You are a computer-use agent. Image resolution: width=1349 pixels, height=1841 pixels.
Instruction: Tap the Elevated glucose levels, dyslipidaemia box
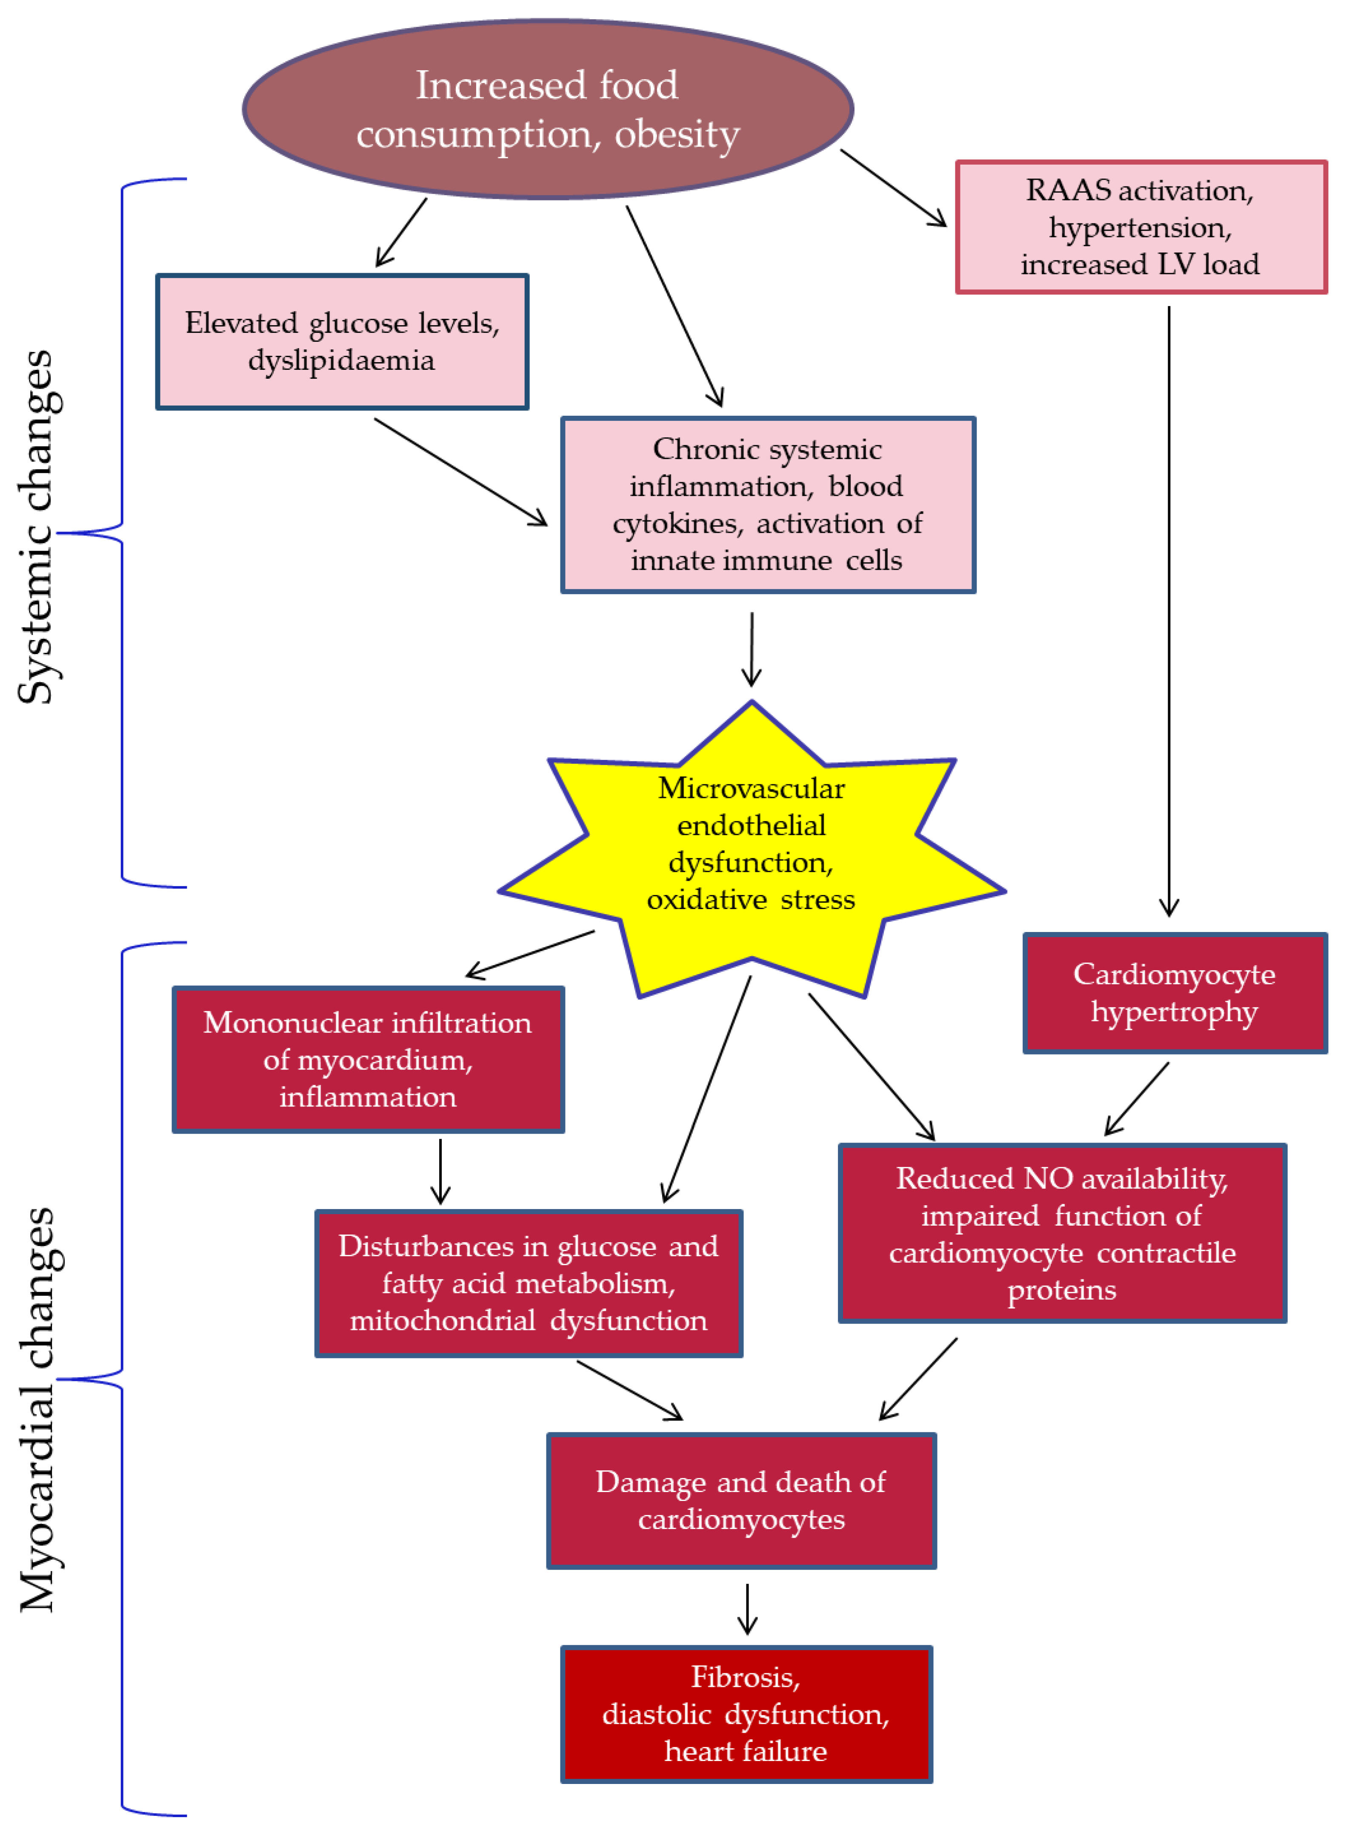pyautogui.click(x=342, y=341)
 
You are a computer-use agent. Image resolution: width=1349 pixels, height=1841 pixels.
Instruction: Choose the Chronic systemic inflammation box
pyautogui.click(x=768, y=505)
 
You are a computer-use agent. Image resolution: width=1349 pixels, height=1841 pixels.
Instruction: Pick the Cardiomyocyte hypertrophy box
pyautogui.click(x=1174, y=993)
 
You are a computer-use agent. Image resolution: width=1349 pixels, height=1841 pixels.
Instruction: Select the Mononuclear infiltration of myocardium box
pyautogui.click(x=367, y=1059)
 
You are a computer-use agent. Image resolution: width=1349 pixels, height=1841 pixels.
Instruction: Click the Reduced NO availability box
pyautogui.click(x=1062, y=1233)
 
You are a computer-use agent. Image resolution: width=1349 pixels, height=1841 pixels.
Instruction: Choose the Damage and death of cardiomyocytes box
pyautogui.click(x=740, y=1501)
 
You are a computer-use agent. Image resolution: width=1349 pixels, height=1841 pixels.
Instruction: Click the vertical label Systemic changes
pyautogui.click(x=37, y=526)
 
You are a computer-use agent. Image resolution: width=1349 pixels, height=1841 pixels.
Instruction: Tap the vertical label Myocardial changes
pyautogui.click(x=37, y=1408)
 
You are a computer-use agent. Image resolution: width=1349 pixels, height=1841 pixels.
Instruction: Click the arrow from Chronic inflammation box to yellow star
pyautogui.click(x=751, y=649)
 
